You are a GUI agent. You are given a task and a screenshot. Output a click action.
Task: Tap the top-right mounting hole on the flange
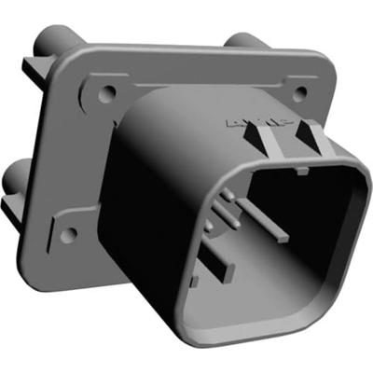pos(299,93)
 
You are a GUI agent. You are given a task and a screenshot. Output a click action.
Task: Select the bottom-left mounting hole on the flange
pos(67,235)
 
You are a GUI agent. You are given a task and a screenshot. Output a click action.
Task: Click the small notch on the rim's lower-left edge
pos(192,280)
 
